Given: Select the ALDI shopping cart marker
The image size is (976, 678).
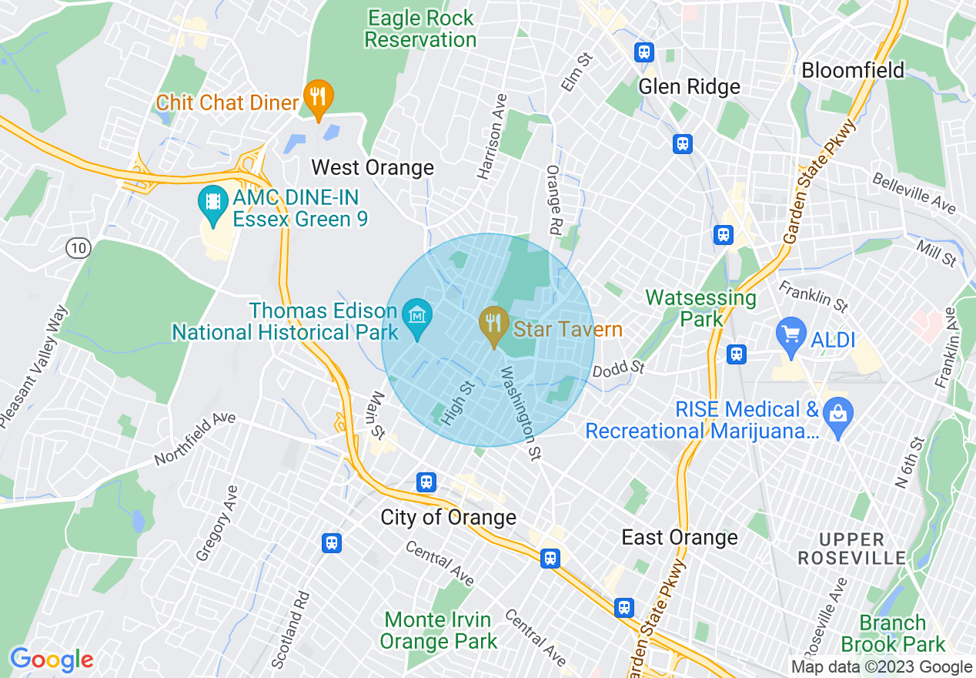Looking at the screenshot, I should (x=790, y=334).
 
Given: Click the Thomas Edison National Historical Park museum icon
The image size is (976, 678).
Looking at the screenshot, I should (x=418, y=317).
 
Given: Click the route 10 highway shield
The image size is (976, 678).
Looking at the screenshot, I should (x=78, y=248).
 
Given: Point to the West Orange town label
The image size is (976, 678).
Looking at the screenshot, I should (x=373, y=168).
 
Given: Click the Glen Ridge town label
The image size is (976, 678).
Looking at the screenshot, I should (x=689, y=87).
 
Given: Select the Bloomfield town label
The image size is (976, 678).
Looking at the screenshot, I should (x=853, y=71).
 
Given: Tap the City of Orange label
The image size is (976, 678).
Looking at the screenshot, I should (x=448, y=517).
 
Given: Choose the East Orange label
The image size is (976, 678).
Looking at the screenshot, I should (x=679, y=537).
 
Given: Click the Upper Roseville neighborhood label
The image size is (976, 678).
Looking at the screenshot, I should (x=851, y=548).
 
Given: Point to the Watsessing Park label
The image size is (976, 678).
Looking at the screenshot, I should (x=700, y=307).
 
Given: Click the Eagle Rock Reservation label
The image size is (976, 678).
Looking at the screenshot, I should (x=420, y=29).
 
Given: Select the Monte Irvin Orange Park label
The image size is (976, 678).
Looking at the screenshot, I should (x=438, y=630).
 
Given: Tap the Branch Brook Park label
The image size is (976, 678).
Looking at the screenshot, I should (x=892, y=633).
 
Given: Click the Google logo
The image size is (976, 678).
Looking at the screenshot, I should (x=52, y=660).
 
